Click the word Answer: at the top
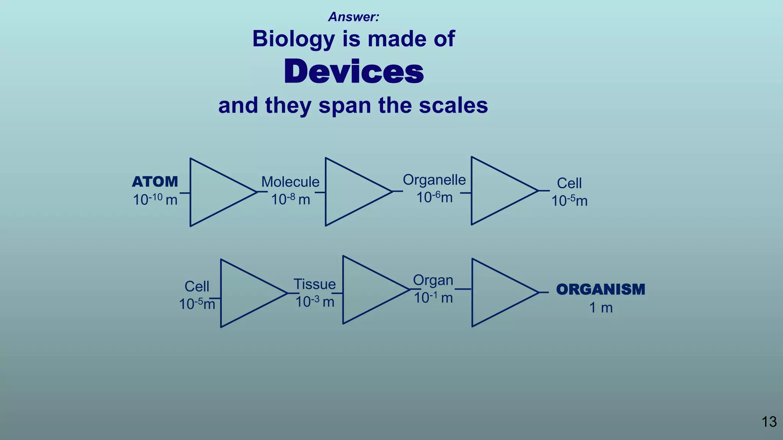[354, 17]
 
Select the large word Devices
[354, 72]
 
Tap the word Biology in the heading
[293, 39]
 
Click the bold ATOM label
[155, 182]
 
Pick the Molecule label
[290, 182]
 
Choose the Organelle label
[434, 180]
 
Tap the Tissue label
[315, 284]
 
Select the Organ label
[433, 280]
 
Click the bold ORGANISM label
[601, 290]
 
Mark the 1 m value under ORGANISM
[601, 307]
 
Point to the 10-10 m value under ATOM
[155, 199]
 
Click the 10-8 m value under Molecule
[290, 199]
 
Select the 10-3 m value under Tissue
[315, 302]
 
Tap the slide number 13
[769, 422]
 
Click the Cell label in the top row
[569, 183]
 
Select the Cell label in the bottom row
[197, 286]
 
